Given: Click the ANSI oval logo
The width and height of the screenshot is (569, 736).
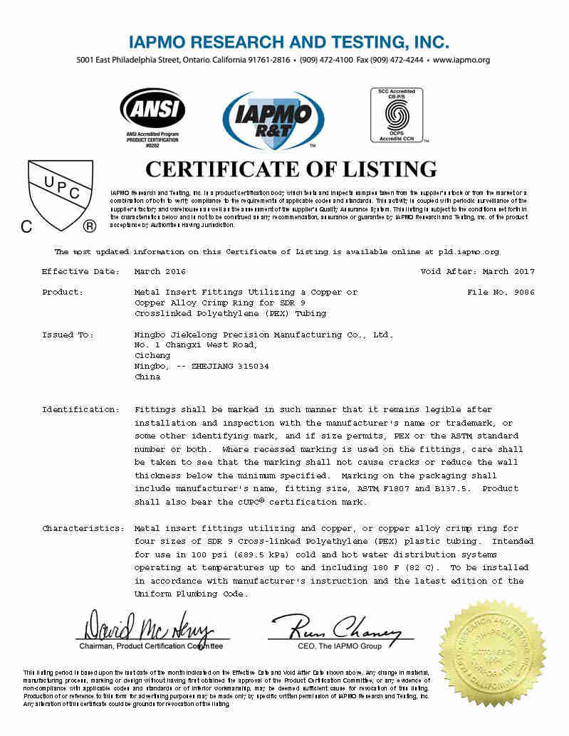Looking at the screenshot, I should tap(152, 109).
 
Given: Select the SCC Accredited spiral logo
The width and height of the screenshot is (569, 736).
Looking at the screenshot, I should tap(396, 114).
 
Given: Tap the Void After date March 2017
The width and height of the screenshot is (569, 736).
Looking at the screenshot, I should tap(508, 272).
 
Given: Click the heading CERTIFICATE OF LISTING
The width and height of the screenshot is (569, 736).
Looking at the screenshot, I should tap(291, 169).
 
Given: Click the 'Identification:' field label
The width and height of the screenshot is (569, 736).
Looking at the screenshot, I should tap(80, 410).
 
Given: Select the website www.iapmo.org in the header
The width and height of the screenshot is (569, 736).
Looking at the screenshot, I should tap(461, 60).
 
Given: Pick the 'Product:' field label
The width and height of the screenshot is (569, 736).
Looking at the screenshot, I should tap(63, 293).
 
